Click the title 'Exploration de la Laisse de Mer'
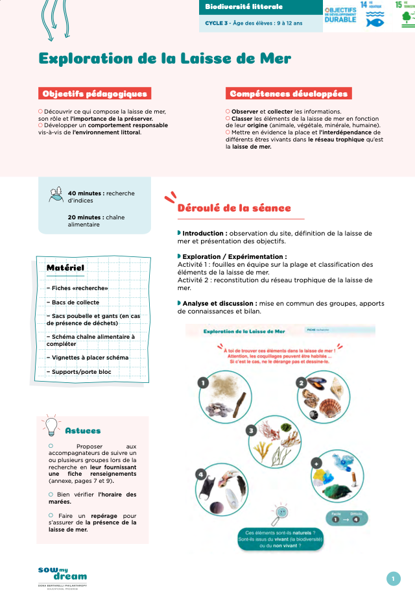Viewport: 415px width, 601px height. coord(165,58)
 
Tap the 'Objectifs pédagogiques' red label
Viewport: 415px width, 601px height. coord(95,93)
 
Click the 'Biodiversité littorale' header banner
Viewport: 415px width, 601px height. coord(244,7)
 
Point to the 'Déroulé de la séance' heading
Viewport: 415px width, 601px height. coord(234,208)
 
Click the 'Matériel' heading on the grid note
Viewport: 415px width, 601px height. coord(65,267)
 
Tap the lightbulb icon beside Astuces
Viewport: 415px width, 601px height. coord(51,425)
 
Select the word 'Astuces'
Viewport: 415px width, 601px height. coord(83,430)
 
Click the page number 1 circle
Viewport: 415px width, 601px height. coord(393,579)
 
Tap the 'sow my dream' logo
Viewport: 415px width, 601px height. coord(62,574)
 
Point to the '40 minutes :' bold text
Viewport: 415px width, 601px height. coord(86,193)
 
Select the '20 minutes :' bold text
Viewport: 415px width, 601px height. coord(86,217)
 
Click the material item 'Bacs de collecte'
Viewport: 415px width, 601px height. coord(73,302)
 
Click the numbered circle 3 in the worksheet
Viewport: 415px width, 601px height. coord(251,430)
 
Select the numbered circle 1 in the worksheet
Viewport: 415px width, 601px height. coord(203,383)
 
